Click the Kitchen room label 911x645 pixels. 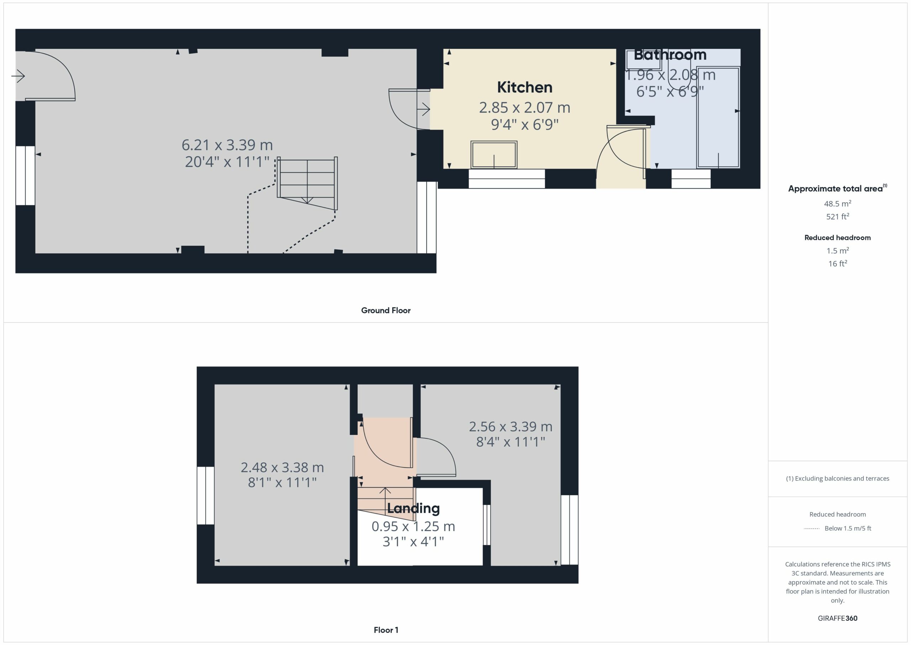coord(525,87)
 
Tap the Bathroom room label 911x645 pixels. coord(670,55)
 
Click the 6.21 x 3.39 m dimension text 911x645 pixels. coord(227,145)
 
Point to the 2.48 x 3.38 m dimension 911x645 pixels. coord(283,468)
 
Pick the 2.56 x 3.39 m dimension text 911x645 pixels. coord(511,427)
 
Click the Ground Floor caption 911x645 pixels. coord(386,311)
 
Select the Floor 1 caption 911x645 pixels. coord(386,630)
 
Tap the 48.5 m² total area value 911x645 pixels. coord(838,203)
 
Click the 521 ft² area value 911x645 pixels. coord(838,217)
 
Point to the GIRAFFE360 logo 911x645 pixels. coord(838,618)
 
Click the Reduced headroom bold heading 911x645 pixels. coord(838,238)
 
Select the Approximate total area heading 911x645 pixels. coord(838,188)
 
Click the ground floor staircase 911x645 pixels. coord(307,183)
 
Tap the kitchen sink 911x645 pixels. coord(494,155)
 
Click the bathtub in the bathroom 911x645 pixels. coord(718,118)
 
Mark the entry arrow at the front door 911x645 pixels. coord(18,76)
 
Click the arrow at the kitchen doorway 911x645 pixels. coord(424,109)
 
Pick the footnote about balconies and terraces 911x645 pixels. coord(838,479)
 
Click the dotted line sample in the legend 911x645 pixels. coord(812,529)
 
